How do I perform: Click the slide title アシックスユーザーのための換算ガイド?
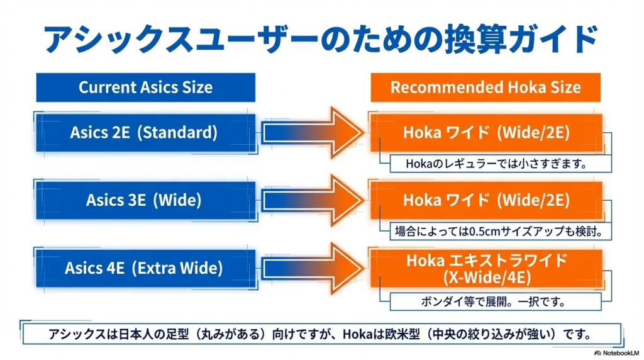[321, 39]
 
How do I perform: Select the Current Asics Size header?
[145, 87]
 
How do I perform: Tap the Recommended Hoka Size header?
[486, 87]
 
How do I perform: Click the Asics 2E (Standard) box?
[144, 133]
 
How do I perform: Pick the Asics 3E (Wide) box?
[144, 200]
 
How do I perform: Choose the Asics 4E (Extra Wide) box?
[144, 268]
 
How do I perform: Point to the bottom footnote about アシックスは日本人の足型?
[321, 334]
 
